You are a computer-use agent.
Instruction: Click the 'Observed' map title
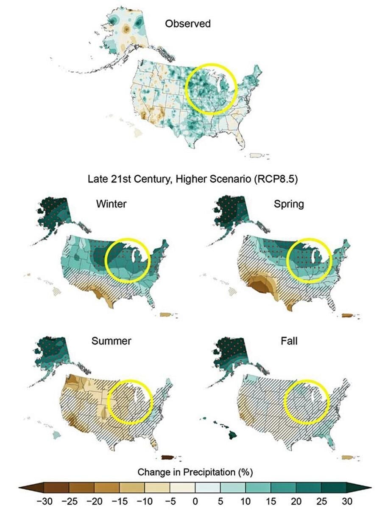coord(187,23)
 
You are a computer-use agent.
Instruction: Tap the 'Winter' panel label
coord(111,203)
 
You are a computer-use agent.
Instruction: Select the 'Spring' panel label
coord(289,203)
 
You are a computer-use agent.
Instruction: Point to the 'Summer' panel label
coord(112,341)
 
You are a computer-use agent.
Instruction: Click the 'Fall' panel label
coord(289,341)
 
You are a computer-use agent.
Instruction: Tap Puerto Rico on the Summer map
coord(168,457)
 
